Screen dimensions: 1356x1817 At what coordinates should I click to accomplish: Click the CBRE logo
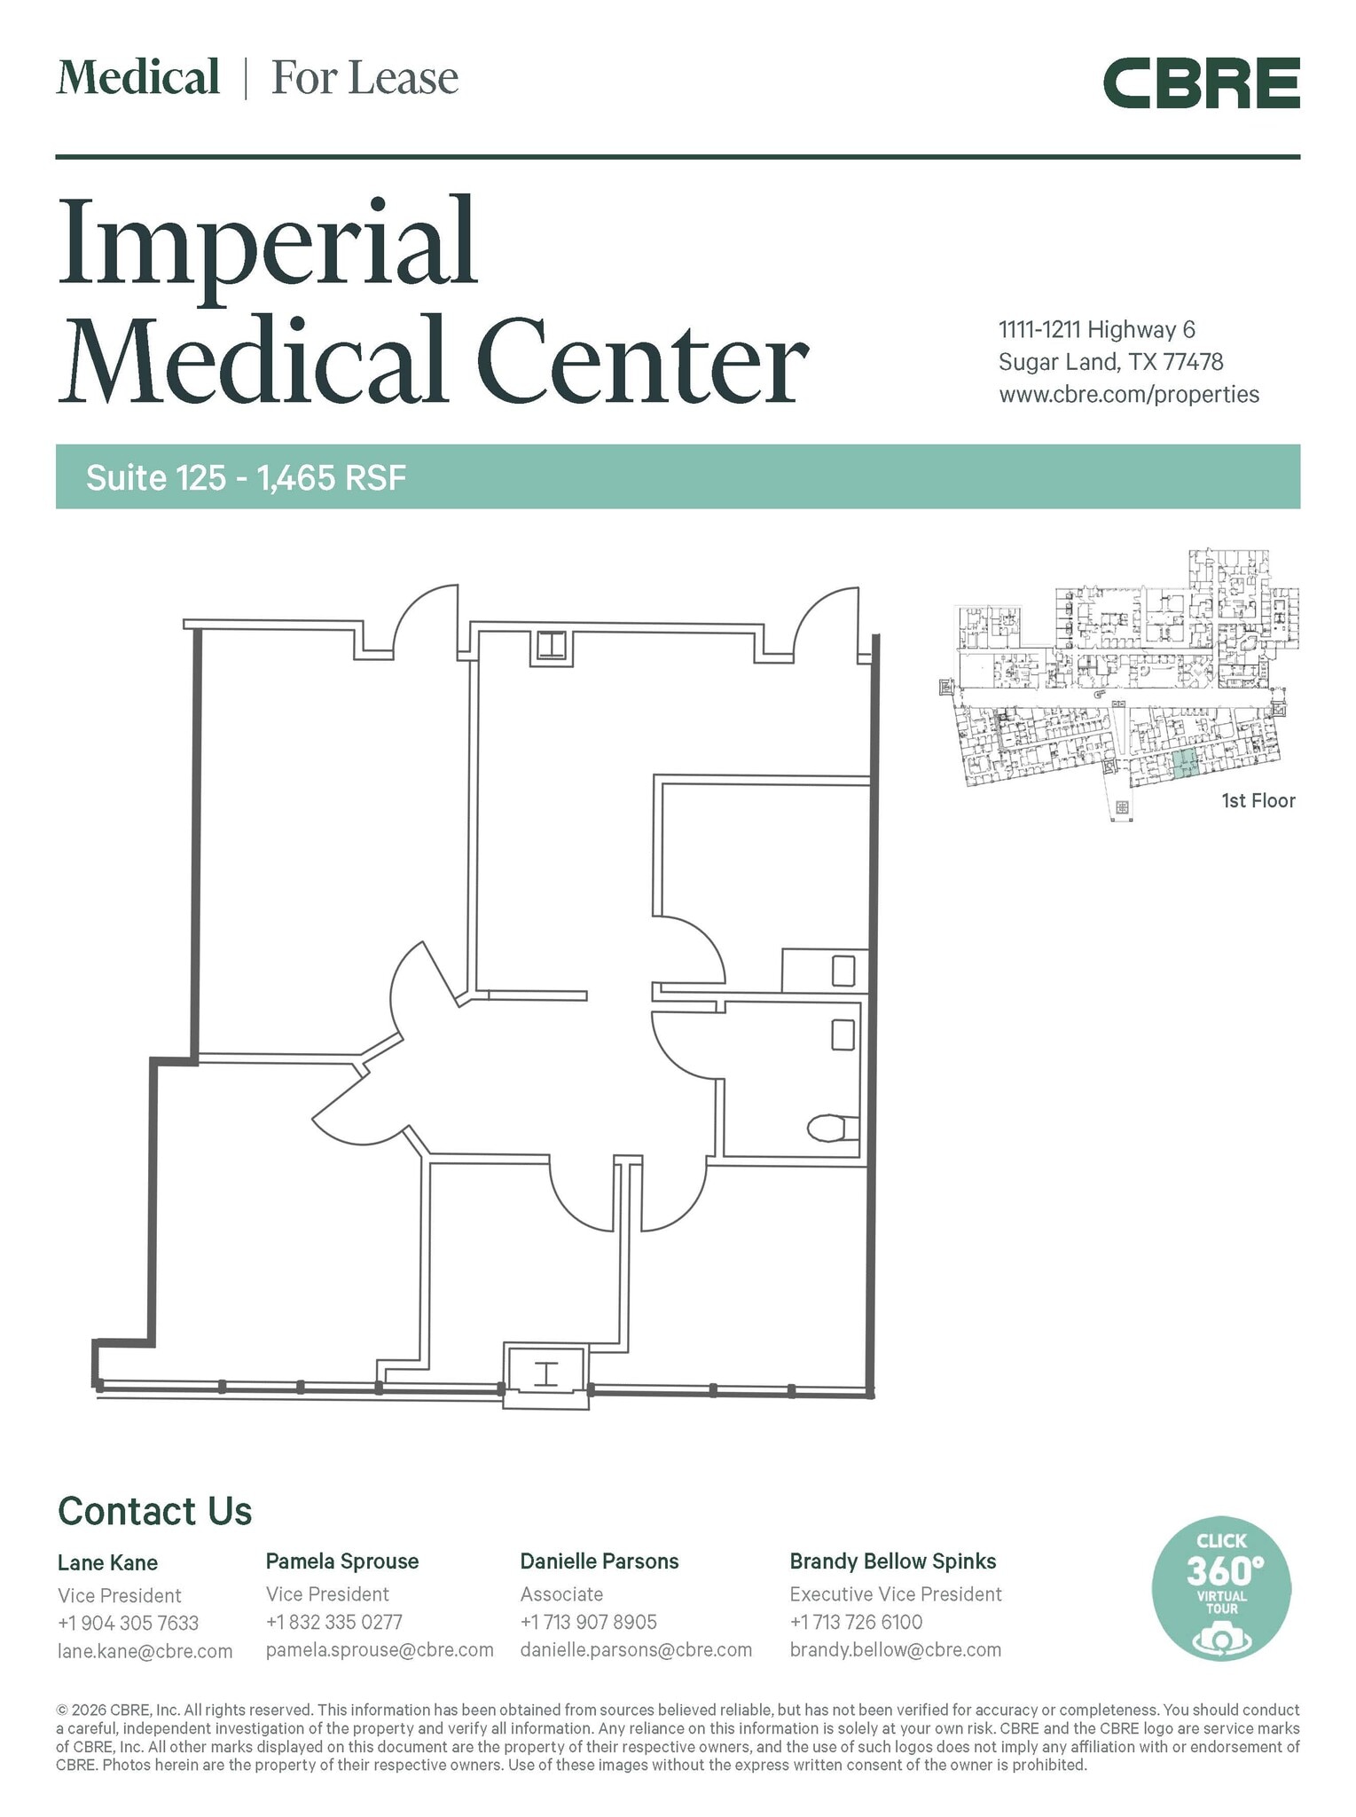[1201, 83]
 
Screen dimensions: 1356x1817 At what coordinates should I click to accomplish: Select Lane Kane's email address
[145, 1651]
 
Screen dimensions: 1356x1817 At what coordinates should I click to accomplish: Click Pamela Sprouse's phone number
[334, 1622]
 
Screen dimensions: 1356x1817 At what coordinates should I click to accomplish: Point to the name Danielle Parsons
[600, 1561]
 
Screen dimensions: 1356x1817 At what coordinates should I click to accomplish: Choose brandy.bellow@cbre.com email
[896, 1650]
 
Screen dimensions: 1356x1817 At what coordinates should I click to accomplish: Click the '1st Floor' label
[1258, 801]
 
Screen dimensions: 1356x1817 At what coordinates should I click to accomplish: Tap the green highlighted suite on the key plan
[1183, 764]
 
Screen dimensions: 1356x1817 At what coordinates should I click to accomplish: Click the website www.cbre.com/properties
[1129, 395]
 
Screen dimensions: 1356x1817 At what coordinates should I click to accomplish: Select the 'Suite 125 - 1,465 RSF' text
[246, 478]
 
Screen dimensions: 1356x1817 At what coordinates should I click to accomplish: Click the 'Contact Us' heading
[155, 1511]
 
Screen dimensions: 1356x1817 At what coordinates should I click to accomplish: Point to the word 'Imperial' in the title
[268, 241]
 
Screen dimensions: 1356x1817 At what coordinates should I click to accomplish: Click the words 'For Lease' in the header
[364, 78]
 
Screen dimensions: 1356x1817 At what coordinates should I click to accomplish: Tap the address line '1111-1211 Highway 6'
[1097, 330]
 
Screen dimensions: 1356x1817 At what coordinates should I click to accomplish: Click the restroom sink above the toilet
[843, 1034]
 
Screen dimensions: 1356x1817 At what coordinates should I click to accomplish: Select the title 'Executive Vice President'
[896, 1594]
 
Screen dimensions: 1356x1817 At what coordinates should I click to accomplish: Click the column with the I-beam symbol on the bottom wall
[545, 1374]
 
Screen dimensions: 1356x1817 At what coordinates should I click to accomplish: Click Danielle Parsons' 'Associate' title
[561, 1594]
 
